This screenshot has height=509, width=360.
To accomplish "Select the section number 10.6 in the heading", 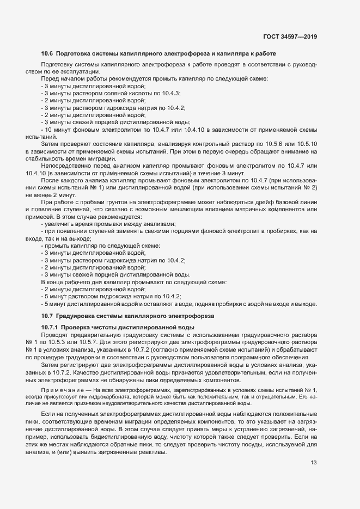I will pos(47,53).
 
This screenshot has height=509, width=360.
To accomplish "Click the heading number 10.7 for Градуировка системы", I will pos(47,316).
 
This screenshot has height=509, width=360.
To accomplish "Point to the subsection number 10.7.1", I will pos(50,327).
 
